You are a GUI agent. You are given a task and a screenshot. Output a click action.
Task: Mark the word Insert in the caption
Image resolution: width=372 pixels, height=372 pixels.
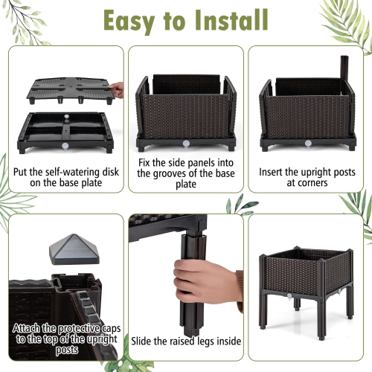point(274,170)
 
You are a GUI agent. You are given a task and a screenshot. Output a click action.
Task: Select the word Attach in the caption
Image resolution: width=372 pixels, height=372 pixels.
point(28,327)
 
